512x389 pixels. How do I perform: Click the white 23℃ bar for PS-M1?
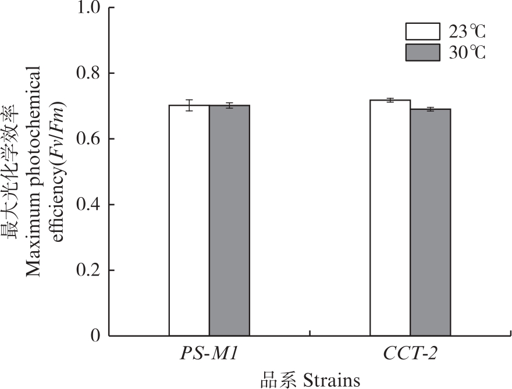pyautogui.click(x=189, y=221)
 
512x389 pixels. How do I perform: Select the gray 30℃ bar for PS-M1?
pyautogui.click(x=229, y=221)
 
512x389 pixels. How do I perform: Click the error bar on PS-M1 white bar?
pyautogui.click(x=189, y=105)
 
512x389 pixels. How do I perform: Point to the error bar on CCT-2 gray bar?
pyautogui.click(x=431, y=109)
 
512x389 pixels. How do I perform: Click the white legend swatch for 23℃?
pyautogui.click(x=422, y=31)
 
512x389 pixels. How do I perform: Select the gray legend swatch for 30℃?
pyautogui.click(x=422, y=52)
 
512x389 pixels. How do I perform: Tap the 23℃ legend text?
pyautogui.click(x=467, y=31)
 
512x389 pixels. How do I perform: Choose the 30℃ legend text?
pyautogui.click(x=467, y=52)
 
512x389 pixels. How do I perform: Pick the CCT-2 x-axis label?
pyautogui.click(x=411, y=355)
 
